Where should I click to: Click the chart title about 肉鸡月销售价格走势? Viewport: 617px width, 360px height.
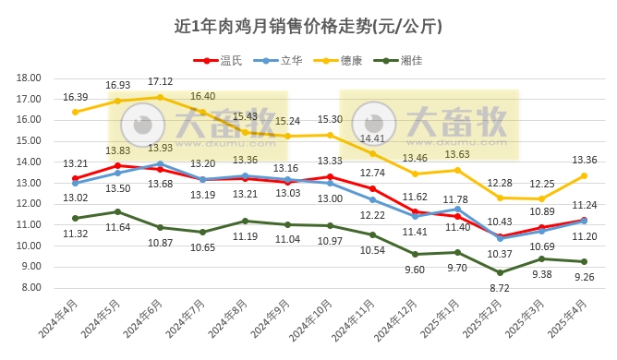click(308, 26)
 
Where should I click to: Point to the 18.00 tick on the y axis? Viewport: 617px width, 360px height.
click(30, 78)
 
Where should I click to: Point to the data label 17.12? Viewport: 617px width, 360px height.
click(161, 81)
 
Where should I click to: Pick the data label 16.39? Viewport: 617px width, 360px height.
click(75, 96)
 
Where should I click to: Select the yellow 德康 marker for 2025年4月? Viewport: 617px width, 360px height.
click(585, 175)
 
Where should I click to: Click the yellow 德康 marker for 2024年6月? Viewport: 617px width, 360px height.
click(161, 97)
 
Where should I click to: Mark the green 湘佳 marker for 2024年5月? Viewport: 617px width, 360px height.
click(117, 211)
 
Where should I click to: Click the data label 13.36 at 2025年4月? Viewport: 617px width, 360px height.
click(585, 159)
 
